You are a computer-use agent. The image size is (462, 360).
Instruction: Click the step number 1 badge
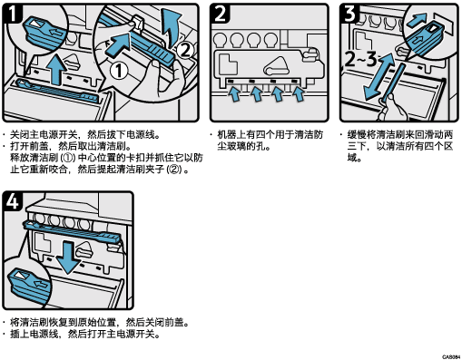[12, 14]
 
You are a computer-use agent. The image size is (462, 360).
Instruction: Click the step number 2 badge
[220, 14]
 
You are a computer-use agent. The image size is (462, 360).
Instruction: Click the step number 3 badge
[349, 14]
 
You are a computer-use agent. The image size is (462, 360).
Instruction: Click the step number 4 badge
[12, 201]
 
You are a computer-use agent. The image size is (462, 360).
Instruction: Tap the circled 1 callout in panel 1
[118, 72]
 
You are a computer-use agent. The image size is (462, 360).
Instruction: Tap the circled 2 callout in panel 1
[185, 51]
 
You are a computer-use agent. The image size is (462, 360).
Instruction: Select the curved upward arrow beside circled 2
[170, 28]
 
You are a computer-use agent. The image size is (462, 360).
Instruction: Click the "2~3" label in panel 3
[361, 59]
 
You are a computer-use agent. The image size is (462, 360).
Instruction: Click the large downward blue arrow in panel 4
[68, 257]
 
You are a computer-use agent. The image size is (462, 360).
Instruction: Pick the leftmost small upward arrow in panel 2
[234, 93]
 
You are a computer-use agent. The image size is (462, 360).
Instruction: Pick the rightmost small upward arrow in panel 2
[300, 93]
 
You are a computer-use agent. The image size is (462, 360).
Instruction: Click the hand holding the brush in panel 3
[392, 107]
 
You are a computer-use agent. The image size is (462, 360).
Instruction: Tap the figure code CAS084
[451, 357]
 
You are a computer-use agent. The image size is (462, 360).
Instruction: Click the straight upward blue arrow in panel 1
[57, 69]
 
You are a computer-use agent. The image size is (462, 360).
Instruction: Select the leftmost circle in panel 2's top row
[221, 40]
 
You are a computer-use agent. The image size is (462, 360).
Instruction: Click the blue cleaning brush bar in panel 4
[73, 231]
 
